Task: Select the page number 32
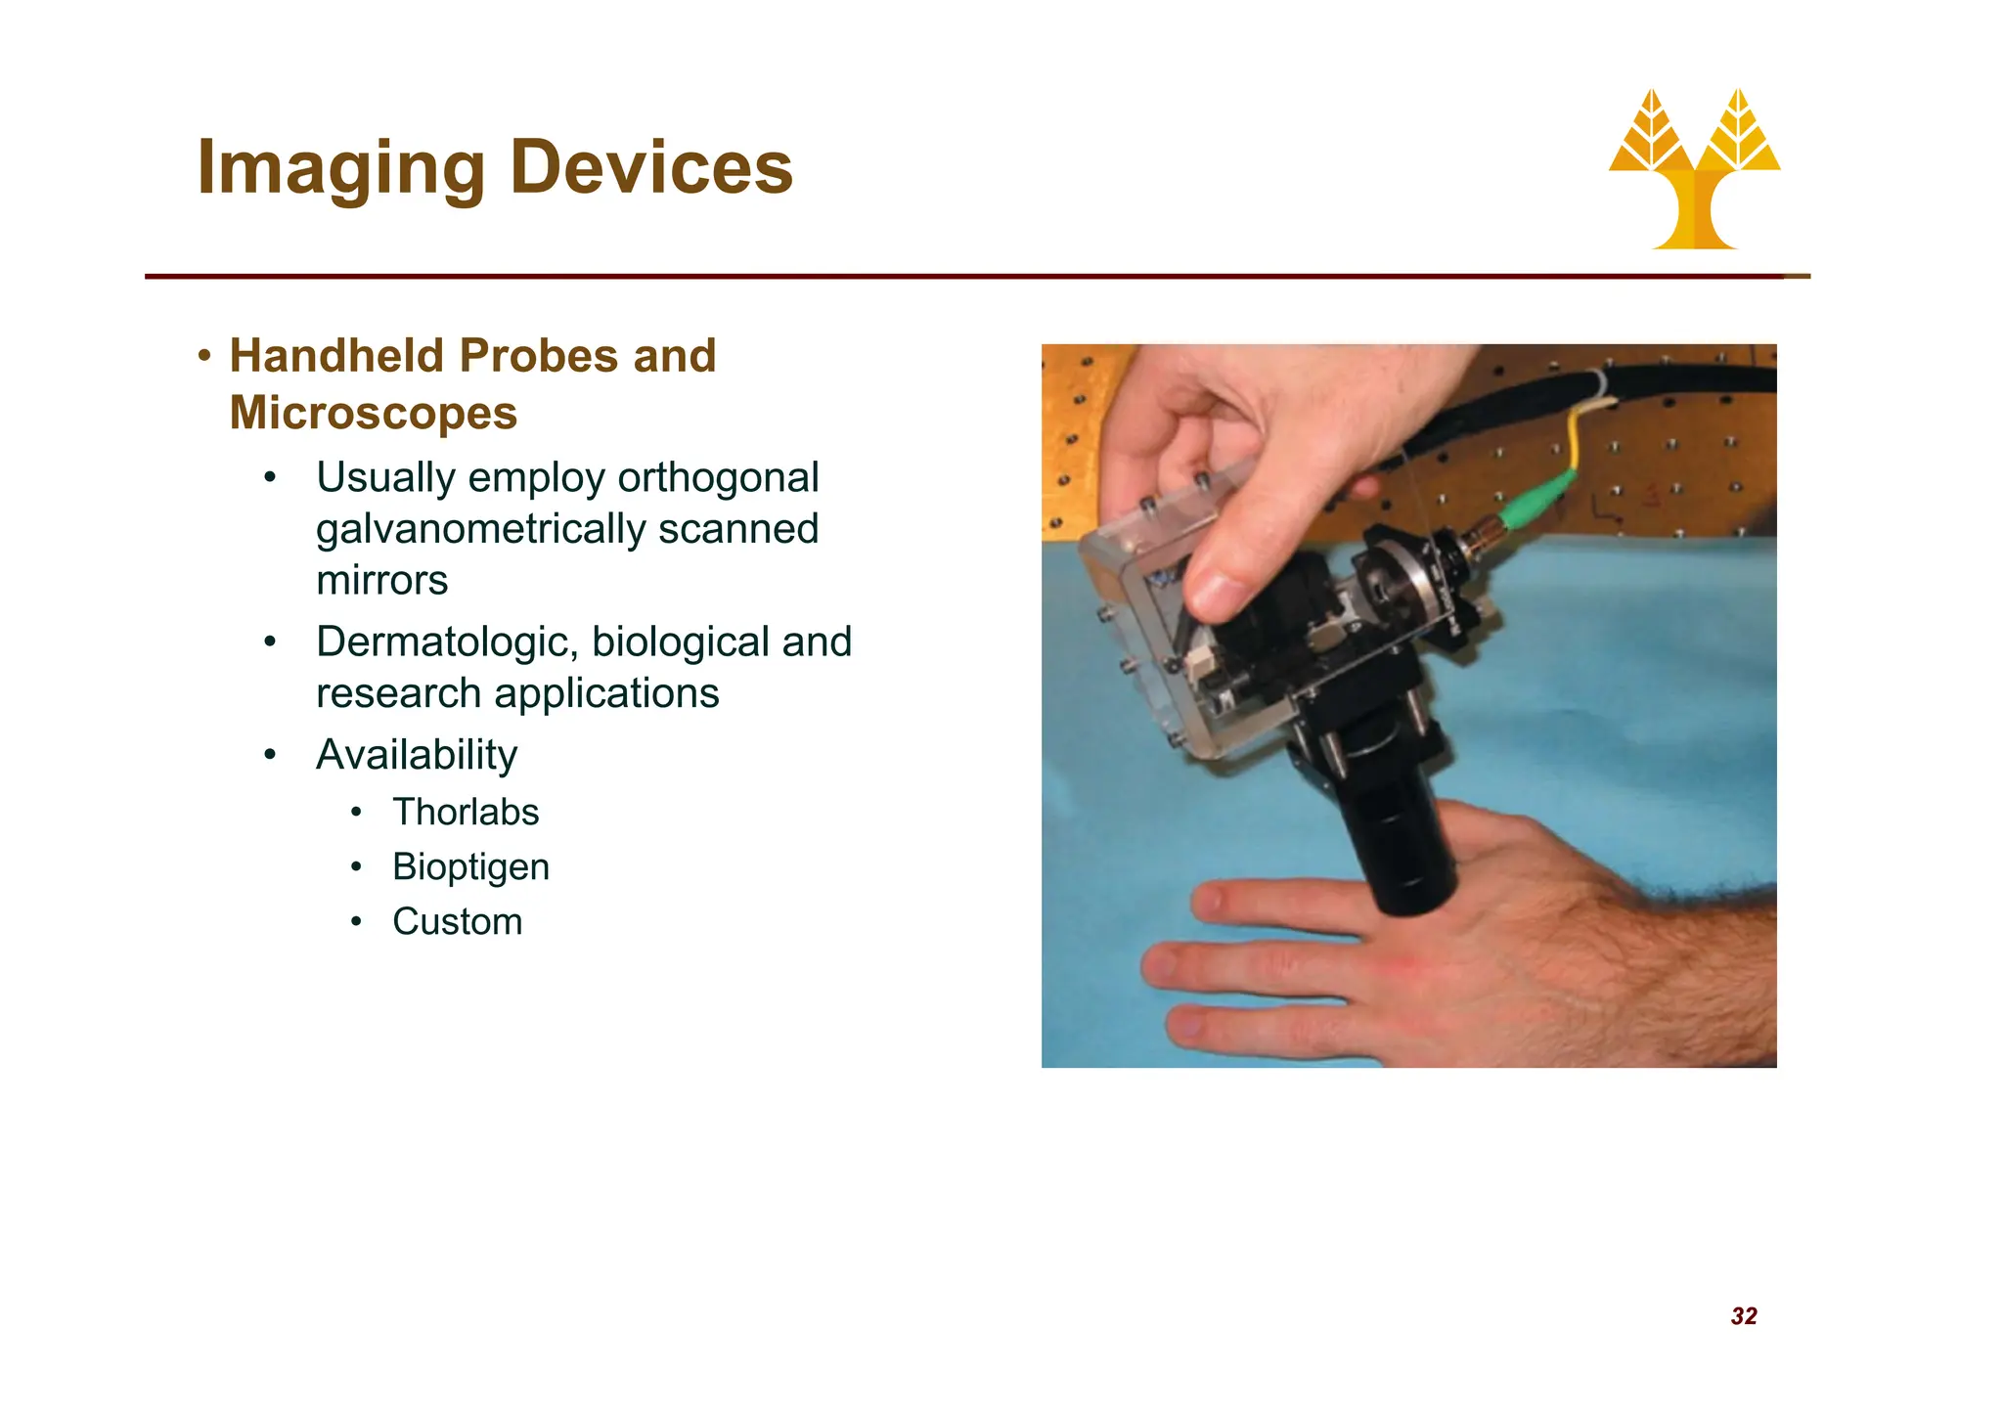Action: pyautogui.click(x=1744, y=1316)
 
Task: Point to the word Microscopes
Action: pyautogui.click(x=373, y=413)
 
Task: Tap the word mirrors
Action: pyautogui.click(x=381, y=581)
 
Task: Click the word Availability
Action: pyautogui.click(x=417, y=755)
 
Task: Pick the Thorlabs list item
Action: pyautogui.click(x=466, y=813)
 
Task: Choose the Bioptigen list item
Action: pyautogui.click(x=470, y=867)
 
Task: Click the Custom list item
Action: pyautogui.click(x=457, y=922)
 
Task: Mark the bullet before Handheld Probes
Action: pyautogui.click(x=203, y=356)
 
